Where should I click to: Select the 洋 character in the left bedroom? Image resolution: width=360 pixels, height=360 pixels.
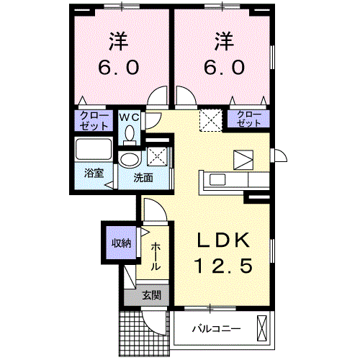point(120,40)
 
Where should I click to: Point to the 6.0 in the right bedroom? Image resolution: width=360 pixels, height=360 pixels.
point(222,66)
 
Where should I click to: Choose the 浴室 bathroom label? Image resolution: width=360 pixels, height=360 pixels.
point(93,174)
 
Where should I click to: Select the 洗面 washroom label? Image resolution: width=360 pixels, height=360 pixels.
point(143,177)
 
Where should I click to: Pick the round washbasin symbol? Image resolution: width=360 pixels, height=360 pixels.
point(130,159)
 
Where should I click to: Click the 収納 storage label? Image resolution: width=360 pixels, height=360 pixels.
point(120,243)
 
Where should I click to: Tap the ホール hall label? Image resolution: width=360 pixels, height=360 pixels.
point(156,256)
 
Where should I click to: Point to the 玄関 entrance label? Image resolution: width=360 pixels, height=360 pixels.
point(150,294)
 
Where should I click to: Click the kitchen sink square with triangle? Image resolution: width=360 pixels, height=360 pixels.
point(243,159)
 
